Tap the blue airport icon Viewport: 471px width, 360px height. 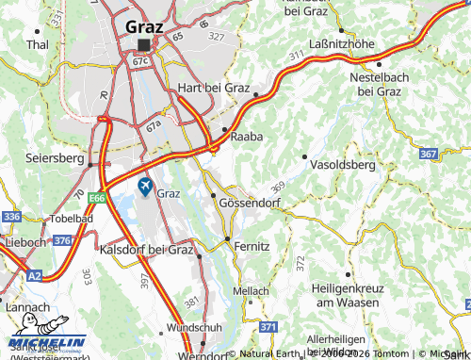click(145, 187)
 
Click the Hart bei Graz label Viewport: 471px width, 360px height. click(214, 88)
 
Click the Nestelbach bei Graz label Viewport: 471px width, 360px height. click(375, 83)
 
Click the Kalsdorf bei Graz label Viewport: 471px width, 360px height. click(146, 250)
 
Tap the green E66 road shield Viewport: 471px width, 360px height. click(96, 199)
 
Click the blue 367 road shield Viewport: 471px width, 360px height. click(428, 154)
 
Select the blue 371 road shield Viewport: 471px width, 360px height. click(268, 327)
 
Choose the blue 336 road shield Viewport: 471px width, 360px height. click(11, 217)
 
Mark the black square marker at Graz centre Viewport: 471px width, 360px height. click(143, 44)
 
